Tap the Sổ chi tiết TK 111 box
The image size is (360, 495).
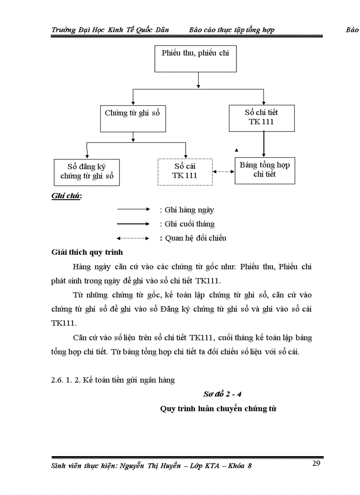[x=262, y=117]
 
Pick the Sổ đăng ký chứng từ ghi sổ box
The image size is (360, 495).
[x=87, y=172]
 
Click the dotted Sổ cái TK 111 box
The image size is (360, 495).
[x=185, y=171]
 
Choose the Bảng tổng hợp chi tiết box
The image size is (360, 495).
[x=265, y=170]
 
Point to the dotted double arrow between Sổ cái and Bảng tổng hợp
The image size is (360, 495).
[x=224, y=171]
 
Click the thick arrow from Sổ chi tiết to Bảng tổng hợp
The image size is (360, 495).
[x=264, y=144]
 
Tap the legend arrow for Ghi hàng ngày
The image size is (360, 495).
[x=134, y=210]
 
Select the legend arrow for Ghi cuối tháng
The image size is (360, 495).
[x=134, y=224]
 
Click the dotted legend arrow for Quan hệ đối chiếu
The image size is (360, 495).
[x=134, y=238]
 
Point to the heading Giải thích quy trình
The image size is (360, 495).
[x=87, y=253]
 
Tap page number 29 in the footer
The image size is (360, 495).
[x=316, y=463]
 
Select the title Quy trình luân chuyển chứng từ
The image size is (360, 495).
[x=218, y=409]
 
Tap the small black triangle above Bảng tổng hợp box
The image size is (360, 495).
[x=237, y=150]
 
